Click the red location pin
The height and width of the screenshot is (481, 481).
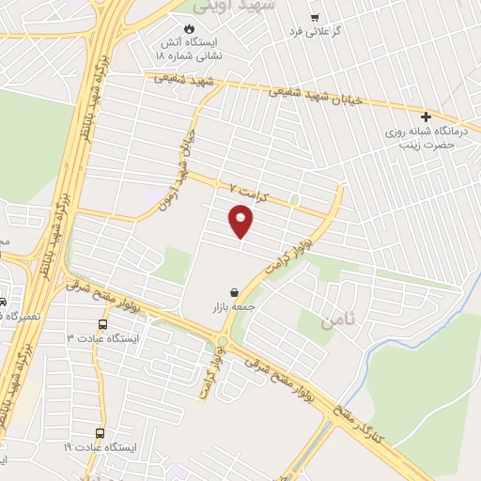[241, 222]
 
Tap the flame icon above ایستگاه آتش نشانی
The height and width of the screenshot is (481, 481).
[199, 27]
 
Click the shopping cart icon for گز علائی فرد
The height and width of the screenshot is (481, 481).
[315, 17]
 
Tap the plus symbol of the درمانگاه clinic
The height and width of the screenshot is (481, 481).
[426, 117]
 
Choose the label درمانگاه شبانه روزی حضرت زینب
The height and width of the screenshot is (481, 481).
[423, 139]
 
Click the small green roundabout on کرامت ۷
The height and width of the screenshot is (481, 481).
[294, 199]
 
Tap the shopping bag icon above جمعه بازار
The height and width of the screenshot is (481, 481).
[232, 291]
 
